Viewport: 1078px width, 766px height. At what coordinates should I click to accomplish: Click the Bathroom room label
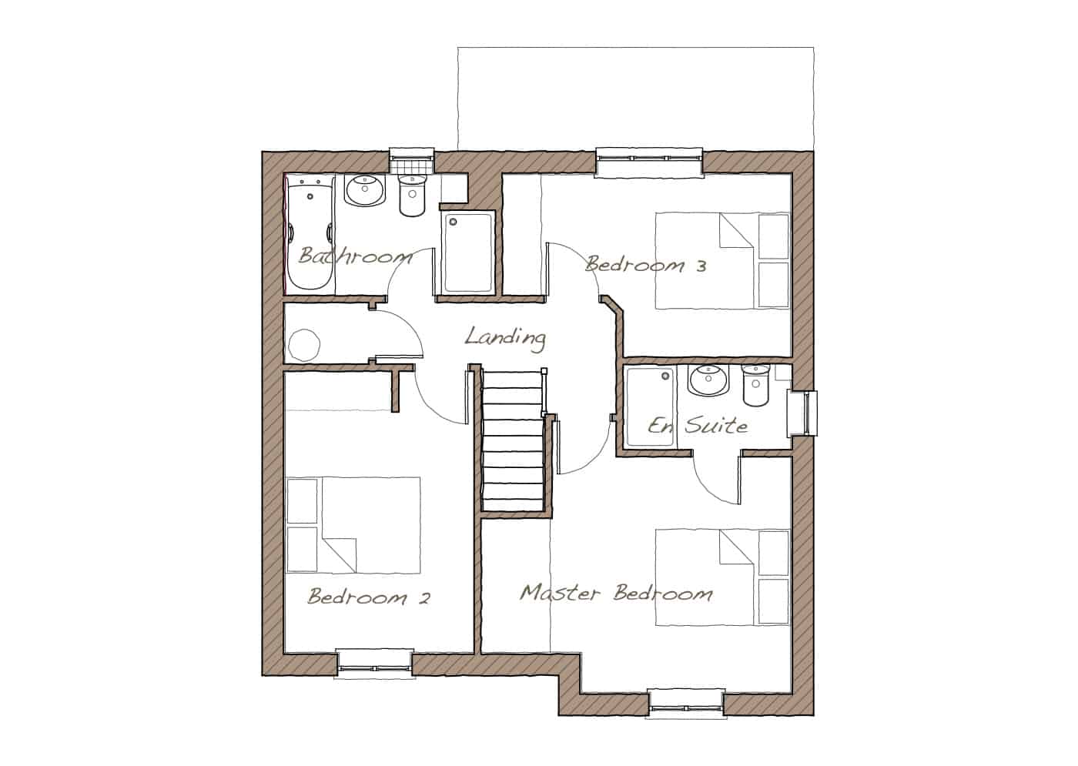click(355, 256)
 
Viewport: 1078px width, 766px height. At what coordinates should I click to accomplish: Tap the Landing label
click(505, 338)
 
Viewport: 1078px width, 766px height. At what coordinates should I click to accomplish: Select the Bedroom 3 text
click(646, 265)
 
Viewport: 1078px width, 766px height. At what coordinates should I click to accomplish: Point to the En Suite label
click(698, 425)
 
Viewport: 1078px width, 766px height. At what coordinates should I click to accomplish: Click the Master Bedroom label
click(616, 593)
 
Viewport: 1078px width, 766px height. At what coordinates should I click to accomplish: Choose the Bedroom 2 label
click(369, 597)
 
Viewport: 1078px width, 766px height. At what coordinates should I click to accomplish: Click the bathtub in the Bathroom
click(310, 232)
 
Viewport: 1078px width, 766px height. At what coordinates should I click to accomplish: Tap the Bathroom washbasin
click(365, 190)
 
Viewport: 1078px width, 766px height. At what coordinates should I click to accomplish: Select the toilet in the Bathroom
click(413, 196)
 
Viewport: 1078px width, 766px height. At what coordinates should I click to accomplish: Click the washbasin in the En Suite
click(708, 380)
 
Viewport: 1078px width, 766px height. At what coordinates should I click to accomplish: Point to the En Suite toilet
click(756, 385)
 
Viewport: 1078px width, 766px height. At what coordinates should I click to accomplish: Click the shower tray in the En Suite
click(650, 406)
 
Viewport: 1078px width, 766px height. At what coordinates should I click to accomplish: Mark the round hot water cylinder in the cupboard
click(303, 345)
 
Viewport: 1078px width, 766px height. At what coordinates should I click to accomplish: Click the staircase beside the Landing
click(514, 440)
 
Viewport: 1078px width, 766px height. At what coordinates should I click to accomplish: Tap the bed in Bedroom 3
click(722, 260)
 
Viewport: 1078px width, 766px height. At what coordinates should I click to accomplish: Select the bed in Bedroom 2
click(353, 525)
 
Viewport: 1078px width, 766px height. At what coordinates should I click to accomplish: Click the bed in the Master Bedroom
click(722, 577)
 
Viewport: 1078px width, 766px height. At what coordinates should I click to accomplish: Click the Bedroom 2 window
click(374, 664)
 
